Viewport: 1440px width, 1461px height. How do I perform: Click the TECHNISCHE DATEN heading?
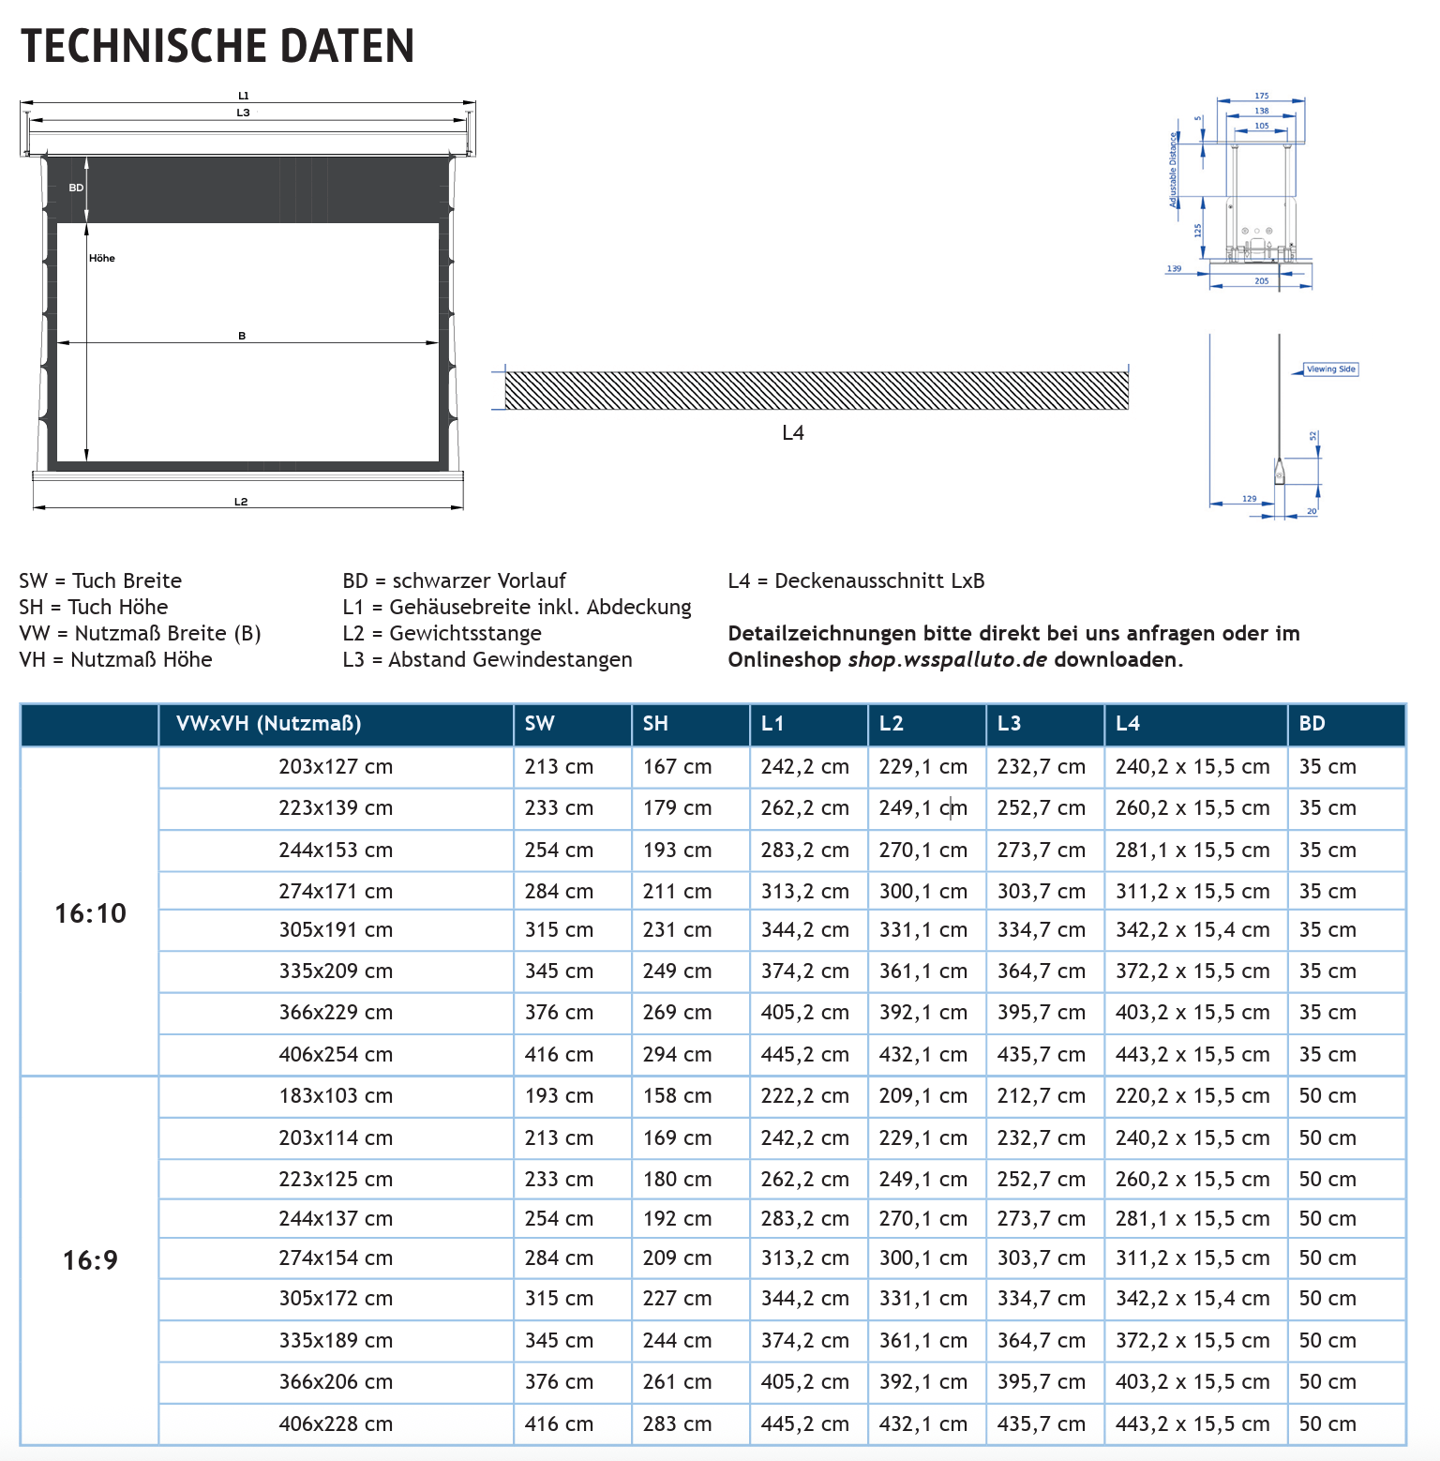point(217,46)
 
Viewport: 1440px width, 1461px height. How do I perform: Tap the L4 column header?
point(1127,724)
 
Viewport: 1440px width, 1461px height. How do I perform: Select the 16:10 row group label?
point(90,912)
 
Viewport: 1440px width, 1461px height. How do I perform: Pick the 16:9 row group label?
point(90,1259)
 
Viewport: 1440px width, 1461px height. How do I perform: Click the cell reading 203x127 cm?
point(336,767)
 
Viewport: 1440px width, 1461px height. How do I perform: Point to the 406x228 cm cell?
point(336,1423)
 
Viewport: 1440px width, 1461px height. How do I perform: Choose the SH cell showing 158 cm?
point(677,1096)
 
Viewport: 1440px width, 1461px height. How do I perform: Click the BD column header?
point(1312,724)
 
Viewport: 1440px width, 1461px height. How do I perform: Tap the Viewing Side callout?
point(1330,369)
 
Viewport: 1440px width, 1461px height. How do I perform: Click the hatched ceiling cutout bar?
point(816,391)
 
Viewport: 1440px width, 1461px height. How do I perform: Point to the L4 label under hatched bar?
point(793,433)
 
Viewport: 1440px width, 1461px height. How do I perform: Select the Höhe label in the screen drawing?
point(102,258)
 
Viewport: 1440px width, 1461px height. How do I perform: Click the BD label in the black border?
point(76,188)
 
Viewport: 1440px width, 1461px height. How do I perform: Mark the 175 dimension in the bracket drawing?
point(1262,96)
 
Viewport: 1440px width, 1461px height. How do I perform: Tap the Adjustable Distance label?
point(1173,170)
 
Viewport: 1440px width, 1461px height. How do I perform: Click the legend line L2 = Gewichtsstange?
point(442,634)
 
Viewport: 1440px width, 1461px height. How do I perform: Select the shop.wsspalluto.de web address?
point(947,660)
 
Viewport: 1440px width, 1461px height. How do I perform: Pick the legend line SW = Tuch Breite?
point(100,581)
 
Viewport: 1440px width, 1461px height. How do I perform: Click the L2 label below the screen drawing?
point(241,502)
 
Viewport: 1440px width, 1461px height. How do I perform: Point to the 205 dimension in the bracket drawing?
point(1262,281)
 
